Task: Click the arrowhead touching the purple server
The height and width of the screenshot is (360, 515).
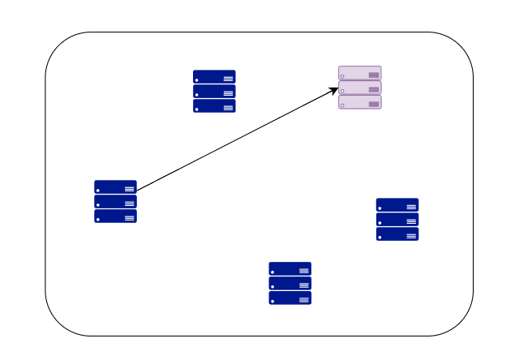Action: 335,89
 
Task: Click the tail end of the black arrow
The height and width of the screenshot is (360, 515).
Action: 137,191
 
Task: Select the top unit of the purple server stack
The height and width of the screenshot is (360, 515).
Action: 359,73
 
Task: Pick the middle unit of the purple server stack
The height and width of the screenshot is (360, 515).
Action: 359,88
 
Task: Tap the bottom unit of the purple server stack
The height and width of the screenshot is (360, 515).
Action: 359,102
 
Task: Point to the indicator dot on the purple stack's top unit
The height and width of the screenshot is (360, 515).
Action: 343,76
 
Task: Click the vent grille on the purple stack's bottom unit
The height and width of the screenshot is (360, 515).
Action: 374,104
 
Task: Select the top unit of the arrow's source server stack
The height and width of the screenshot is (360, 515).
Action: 115,186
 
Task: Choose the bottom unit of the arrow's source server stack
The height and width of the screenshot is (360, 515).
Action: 115,216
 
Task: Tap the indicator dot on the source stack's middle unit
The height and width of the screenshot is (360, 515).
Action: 98,204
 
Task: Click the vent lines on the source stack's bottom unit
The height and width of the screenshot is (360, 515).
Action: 129,218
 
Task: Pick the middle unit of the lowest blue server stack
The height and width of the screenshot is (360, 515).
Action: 290,284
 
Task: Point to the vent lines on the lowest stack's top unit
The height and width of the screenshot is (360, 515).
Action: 303,271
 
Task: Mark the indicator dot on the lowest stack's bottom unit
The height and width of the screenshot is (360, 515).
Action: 273,301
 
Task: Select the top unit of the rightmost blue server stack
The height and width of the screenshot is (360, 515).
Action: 397,204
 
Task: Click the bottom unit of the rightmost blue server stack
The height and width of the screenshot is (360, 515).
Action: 397,234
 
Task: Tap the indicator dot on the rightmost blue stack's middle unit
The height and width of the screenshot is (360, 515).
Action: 380,222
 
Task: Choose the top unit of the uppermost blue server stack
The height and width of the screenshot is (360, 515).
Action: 214,76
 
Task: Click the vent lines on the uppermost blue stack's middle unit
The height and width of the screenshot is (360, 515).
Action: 228,93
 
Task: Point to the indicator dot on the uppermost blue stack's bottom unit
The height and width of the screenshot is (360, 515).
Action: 197,109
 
